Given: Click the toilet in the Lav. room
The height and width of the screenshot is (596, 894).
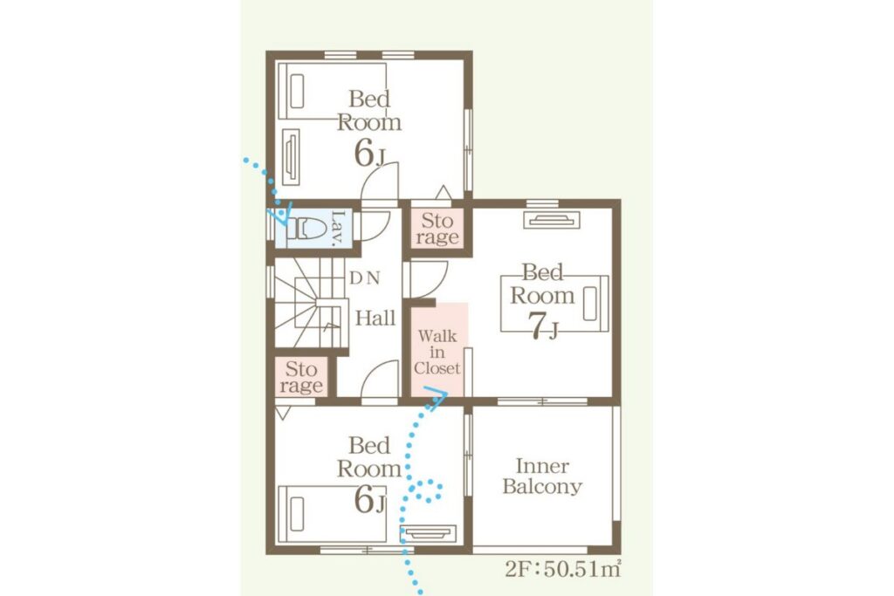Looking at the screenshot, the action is (x=303, y=229).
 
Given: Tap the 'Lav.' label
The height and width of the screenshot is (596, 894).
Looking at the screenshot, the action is (x=338, y=229).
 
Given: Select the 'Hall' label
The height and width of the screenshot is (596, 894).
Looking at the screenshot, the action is (x=375, y=318).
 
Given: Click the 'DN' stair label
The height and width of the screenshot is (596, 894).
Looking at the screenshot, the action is (x=364, y=278).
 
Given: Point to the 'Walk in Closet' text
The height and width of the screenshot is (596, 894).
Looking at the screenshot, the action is (x=437, y=353).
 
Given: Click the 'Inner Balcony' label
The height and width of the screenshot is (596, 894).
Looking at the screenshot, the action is (x=542, y=476).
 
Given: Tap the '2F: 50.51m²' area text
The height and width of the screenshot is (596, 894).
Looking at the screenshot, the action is (x=563, y=569).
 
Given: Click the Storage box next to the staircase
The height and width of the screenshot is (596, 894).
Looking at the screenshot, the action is (x=301, y=377).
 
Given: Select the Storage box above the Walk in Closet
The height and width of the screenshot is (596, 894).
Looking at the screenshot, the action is (x=437, y=229).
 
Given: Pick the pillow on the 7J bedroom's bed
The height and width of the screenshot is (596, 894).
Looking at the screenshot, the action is (x=589, y=303).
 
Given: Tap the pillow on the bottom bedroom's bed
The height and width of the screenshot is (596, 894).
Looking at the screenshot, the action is (x=297, y=513).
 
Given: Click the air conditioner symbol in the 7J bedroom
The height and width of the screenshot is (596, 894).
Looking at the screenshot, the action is (x=552, y=220).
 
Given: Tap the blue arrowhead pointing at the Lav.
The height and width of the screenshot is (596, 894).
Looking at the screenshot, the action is (x=283, y=213).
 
